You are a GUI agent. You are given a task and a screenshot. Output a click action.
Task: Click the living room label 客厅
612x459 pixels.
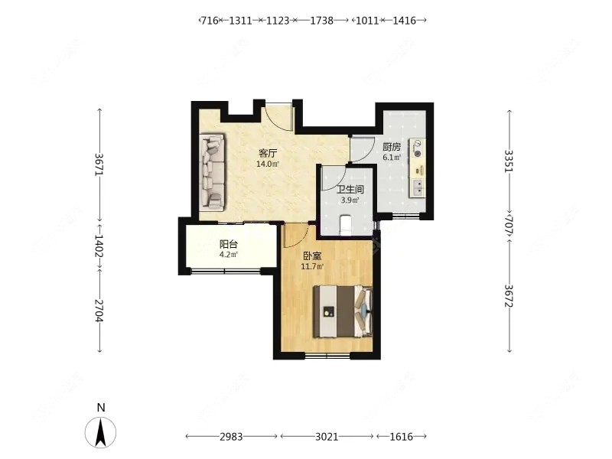(268, 152)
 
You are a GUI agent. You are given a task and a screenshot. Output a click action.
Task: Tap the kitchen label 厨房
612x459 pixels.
(392, 147)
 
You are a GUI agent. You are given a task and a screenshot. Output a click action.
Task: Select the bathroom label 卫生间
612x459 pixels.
(350, 190)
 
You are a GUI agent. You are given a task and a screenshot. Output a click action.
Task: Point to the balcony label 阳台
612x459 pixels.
(228, 245)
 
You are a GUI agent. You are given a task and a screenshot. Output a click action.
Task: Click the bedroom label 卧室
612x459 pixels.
(312, 256)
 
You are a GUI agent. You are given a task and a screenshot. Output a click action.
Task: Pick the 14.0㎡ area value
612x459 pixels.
(268, 164)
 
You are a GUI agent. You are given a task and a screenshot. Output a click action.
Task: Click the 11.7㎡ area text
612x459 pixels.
(312, 267)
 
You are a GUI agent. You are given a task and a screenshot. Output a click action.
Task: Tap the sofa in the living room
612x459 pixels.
(213, 174)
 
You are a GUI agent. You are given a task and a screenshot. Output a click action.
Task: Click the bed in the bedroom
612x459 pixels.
(343, 311)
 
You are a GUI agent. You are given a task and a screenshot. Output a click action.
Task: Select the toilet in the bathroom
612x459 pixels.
(347, 225)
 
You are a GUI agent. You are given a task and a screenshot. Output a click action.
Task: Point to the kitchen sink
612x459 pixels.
(417, 187)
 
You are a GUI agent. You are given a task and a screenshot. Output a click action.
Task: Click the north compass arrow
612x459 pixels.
(101, 432)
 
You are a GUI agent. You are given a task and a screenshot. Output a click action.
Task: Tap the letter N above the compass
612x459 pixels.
(101, 408)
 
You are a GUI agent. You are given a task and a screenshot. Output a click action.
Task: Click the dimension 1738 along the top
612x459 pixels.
(321, 21)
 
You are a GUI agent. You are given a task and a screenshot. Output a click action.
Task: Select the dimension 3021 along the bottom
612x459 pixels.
(327, 436)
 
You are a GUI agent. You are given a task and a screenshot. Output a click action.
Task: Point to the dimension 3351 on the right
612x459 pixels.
(509, 161)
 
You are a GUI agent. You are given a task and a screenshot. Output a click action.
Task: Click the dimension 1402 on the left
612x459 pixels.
(99, 246)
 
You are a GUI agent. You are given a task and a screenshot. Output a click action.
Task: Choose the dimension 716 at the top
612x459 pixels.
(209, 21)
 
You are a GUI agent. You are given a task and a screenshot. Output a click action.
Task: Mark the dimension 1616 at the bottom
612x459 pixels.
(401, 436)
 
